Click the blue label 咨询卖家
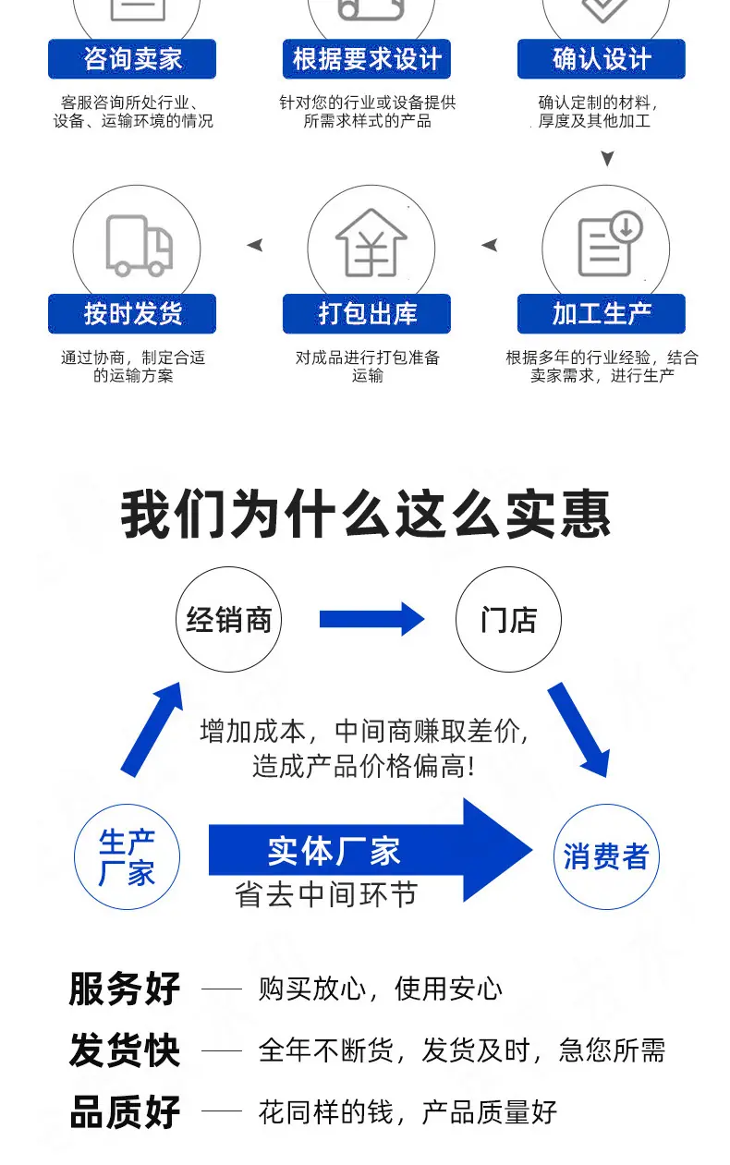tap(132, 59)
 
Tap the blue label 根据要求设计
tap(367, 59)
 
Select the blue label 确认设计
tap(602, 59)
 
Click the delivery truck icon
tap(139, 246)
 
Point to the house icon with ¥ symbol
tap(371, 242)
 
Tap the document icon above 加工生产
tap(610, 243)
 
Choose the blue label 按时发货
tap(132, 313)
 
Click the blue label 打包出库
tap(367, 313)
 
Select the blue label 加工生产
tap(602, 313)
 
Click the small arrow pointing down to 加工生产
tap(607, 158)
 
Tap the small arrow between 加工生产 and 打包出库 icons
tap(490, 245)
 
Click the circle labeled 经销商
tap(229, 619)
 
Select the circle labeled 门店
tap(508, 619)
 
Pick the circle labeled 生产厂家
tap(127, 856)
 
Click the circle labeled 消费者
tap(606, 856)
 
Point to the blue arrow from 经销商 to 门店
tap(371, 619)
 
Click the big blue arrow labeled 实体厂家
tap(371, 850)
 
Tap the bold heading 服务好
tap(125, 989)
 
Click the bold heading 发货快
tap(125, 1050)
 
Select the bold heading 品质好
tap(125, 1112)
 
